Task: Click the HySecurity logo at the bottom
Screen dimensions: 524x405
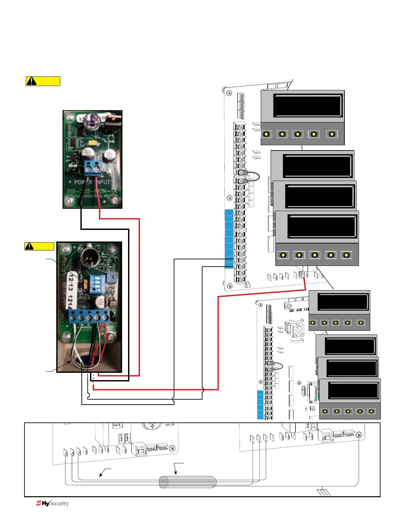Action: (53, 503)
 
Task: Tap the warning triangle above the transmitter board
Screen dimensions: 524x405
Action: (31, 81)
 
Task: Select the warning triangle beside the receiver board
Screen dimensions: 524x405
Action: (29, 246)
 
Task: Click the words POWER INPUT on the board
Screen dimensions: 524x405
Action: (92, 182)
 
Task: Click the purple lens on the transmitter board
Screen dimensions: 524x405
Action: (92, 121)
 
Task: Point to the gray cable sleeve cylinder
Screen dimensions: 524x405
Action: (188, 482)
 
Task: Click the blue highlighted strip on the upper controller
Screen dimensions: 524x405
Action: (229, 238)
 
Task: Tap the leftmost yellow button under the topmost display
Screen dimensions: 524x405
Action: (266, 134)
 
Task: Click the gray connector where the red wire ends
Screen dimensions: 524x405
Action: (301, 274)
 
